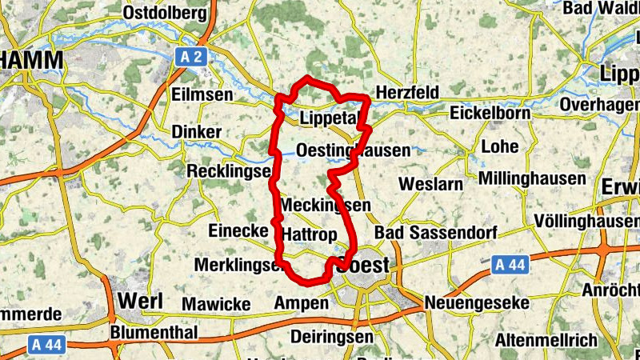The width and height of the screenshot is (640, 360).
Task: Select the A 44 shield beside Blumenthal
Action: [47, 344]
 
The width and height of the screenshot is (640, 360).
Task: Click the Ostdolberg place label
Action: [165, 14]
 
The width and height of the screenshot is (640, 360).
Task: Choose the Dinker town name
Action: [197, 131]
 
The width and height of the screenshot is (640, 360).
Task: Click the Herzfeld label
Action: [407, 93]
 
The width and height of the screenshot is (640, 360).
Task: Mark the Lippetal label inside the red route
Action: [326, 118]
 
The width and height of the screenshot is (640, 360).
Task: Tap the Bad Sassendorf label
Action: [435, 232]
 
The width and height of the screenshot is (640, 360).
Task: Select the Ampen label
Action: [302, 303]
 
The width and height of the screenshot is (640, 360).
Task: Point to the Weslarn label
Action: [430, 184]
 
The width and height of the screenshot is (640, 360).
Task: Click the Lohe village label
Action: [501, 147]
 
